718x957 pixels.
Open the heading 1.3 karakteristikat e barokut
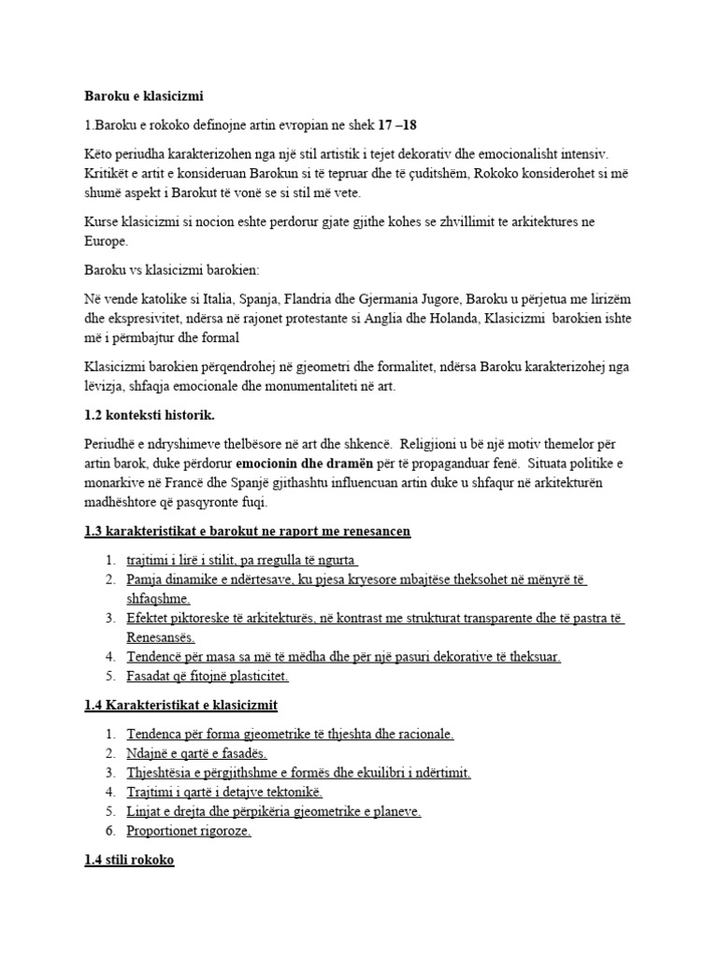pos(247,531)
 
